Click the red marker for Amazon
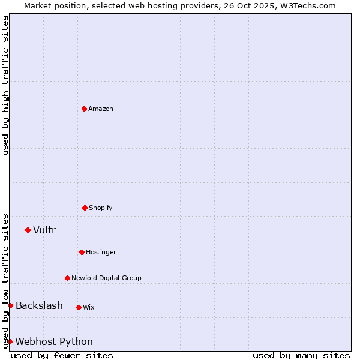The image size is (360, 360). click(84, 109)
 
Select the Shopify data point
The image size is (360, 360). click(85, 208)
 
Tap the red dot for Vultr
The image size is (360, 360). click(28, 230)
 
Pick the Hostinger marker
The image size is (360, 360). click(82, 252)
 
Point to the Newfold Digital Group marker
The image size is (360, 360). click(67, 278)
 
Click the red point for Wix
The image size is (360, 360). click(79, 307)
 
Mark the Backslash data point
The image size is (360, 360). click(10, 305)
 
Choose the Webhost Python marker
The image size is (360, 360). click(10, 341)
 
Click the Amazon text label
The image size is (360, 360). click(101, 109)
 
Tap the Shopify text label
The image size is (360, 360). click(101, 208)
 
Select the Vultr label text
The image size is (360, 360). click(44, 230)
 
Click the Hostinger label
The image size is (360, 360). click(101, 253)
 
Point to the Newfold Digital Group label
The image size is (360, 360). click(106, 278)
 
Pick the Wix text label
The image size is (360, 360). click(89, 308)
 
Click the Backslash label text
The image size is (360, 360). click(39, 306)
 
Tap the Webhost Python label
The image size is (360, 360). click(54, 342)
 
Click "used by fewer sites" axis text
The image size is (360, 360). click(62, 356)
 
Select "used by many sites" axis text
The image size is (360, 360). click(301, 356)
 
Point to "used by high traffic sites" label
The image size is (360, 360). click(5, 85)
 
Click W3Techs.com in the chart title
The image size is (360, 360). click(306, 5)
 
